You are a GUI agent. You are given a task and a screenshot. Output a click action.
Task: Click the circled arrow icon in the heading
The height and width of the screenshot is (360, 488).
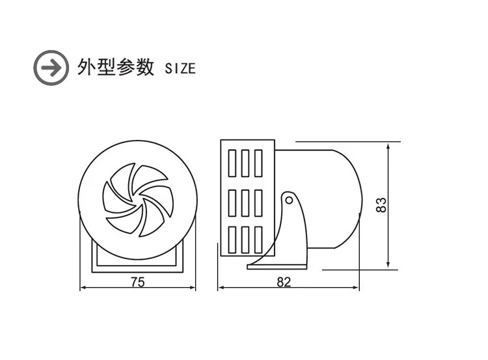tap(51, 66)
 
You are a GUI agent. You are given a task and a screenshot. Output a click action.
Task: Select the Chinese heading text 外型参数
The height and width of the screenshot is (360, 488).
tap(115, 67)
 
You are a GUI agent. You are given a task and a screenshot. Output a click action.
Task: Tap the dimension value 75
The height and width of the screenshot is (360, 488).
tap(137, 282)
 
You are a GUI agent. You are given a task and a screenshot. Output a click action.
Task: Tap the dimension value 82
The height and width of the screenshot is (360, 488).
tap(283, 282)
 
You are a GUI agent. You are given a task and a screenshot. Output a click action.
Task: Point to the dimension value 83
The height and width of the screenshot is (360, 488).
tap(382, 204)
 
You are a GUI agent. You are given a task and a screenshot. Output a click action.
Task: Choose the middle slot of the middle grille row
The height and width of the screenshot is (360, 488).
tap(245, 202)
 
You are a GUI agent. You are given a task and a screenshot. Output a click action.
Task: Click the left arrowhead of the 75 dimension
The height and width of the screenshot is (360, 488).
tap(82, 288)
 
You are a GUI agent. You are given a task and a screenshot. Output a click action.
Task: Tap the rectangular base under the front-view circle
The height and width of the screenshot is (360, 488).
tap(137, 258)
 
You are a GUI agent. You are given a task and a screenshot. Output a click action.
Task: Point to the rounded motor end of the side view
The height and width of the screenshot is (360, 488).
tap(345, 199)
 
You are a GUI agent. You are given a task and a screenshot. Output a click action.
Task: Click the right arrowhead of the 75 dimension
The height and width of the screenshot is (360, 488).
tap(193, 288)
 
